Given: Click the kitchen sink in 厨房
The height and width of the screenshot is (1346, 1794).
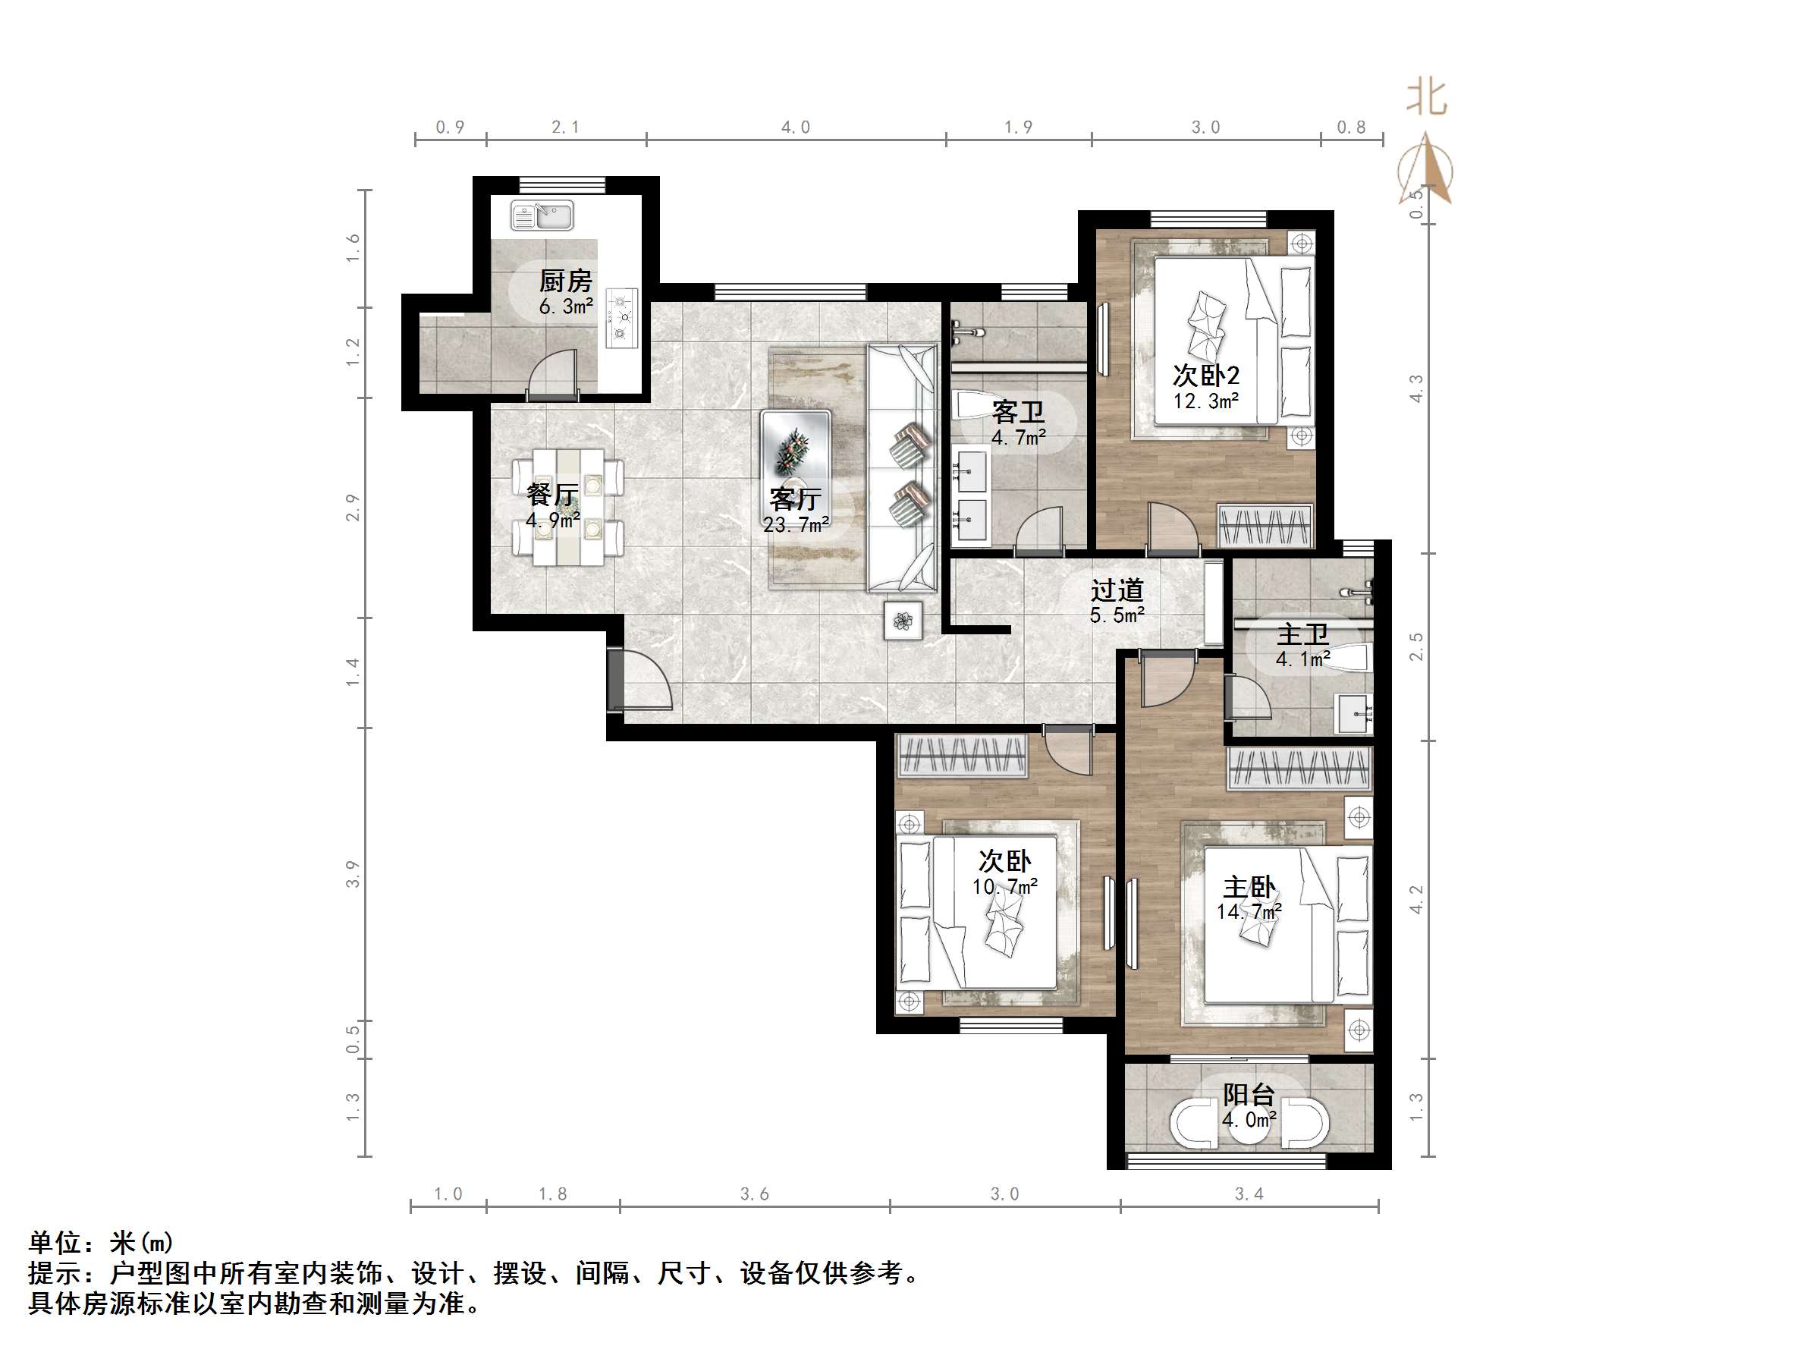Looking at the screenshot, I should [542, 215].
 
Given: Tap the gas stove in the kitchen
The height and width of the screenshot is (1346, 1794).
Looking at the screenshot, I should [622, 318].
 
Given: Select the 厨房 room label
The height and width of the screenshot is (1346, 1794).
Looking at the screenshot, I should [566, 281].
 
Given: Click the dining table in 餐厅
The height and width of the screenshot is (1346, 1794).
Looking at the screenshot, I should [567, 507].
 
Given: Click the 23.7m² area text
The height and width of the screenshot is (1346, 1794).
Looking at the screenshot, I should [796, 525].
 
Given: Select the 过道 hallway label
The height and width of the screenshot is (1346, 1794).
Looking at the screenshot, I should [1117, 590].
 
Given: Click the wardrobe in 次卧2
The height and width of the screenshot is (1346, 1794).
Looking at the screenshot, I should [1265, 526].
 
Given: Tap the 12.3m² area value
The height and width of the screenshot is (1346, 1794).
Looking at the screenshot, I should [1206, 401].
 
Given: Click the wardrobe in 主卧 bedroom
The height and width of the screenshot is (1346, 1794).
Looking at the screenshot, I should [1299, 768].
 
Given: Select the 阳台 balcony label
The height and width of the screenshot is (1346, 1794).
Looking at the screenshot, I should [1249, 1095].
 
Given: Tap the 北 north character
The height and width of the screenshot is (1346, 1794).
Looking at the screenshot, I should [1427, 97].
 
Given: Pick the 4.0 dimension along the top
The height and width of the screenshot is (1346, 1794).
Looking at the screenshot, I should [796, 127].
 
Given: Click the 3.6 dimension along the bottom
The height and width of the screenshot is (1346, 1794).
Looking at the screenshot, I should [754, 1194].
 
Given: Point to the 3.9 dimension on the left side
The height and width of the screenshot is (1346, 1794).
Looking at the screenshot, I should [353, 874].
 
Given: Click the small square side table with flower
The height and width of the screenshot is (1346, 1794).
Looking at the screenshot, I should [903, 621].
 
